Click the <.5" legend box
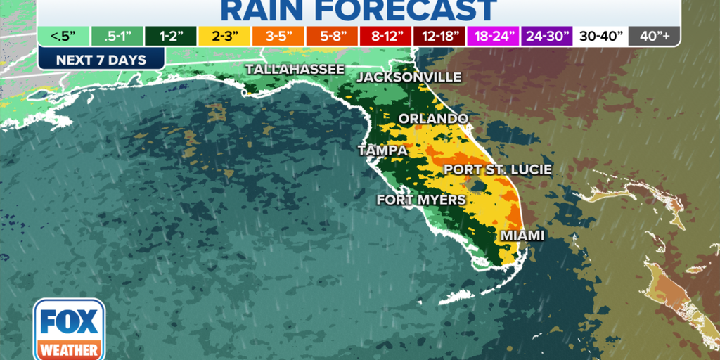[63, 35]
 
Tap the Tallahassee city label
[295, 69]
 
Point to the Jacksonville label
[409, 77]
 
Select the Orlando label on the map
[433, 118]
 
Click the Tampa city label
[382, 150]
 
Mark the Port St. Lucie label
[497, 169]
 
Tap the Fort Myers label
[421, 200]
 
